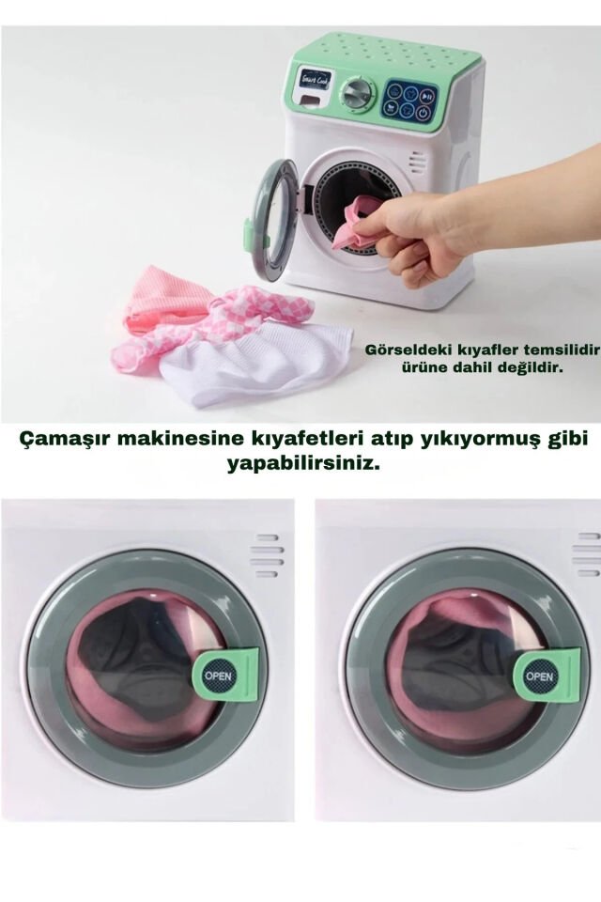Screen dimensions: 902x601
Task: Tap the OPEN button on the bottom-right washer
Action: [541, 676]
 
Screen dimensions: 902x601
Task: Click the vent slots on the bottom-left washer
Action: [268, 555]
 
